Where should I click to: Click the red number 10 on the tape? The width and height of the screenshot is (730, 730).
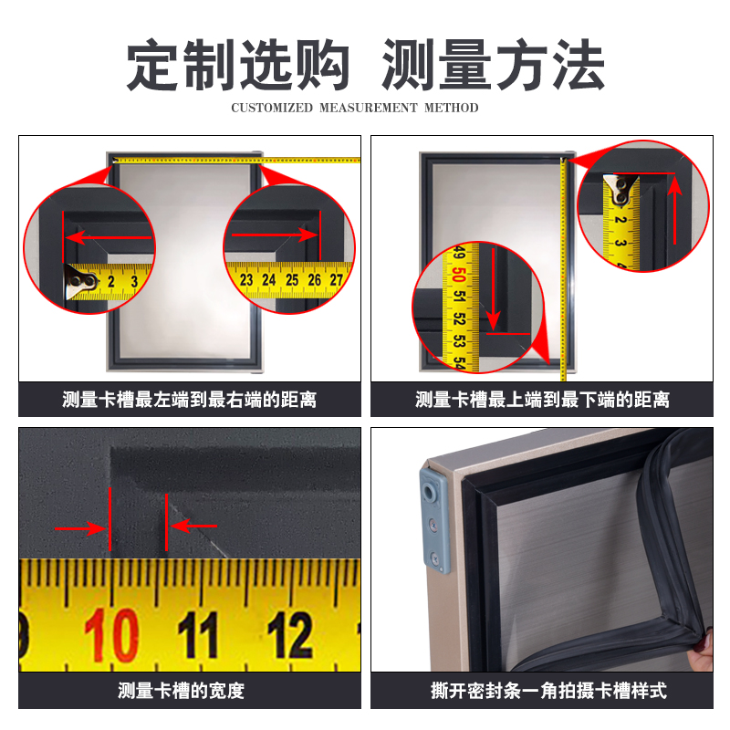coord(111,635)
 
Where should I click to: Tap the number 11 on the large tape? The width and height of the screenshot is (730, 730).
coord(198,634)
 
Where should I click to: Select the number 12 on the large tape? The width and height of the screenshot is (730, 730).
coord(289,634)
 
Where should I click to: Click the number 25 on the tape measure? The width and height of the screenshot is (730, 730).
coord(292,280)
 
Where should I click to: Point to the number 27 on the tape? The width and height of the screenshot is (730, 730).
coord(337,280)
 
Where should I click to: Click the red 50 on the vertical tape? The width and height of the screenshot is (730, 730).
coord(459,275)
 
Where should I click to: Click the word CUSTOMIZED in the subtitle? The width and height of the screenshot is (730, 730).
coord(272,108)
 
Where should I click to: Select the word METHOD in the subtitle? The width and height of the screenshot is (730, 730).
coord(451,108)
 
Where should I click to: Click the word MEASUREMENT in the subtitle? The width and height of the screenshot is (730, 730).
coord(369,108)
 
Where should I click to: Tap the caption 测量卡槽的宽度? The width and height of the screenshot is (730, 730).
coord(181,691)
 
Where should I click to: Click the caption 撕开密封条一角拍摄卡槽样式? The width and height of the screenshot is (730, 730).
coord(548,691)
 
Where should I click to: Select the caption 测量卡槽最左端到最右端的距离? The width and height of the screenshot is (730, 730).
coord(190,400)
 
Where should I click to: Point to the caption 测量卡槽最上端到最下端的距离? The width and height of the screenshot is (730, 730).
coord(542,400)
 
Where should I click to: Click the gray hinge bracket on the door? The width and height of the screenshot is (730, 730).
coord(435,519)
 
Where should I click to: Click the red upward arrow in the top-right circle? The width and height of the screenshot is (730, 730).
coord(675,211)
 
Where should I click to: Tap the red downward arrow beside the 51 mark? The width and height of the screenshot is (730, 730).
coord(493,288)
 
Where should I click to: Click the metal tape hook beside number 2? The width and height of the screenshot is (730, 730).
coord(80,281)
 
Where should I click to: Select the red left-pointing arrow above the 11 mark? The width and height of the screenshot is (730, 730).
coord(193,527)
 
